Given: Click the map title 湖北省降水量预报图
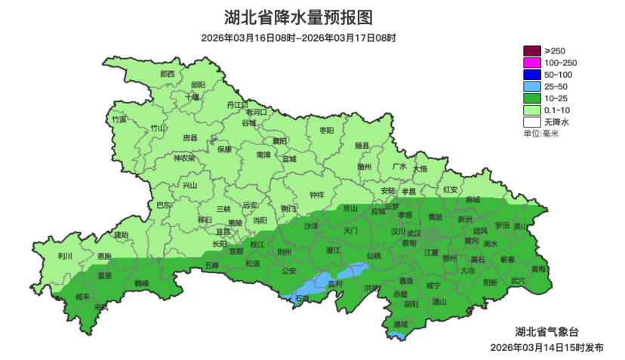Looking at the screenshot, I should click(311, 17).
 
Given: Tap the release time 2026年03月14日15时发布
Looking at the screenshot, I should click(546, 348).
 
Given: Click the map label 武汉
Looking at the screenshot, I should click(436, 234).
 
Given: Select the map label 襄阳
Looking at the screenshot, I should click(280, 140).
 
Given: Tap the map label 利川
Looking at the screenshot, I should click(65, 257).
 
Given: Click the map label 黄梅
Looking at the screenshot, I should click(538, 269).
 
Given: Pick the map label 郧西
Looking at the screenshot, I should click(168, 74).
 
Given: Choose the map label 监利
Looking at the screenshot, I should click(334, 284).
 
